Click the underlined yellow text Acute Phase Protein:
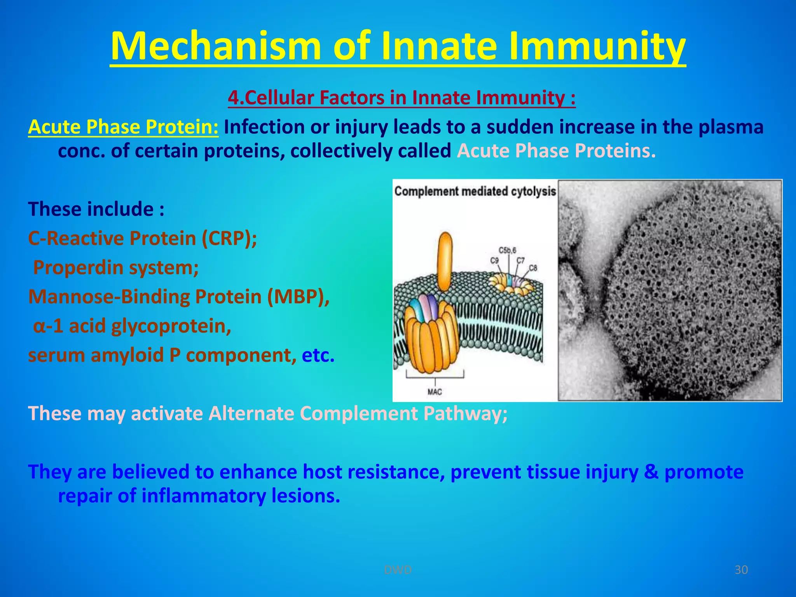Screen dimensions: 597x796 coord(123,127)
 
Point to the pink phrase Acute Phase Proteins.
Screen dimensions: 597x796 coord(556,151)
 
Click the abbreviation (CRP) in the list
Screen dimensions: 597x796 coord(229,238)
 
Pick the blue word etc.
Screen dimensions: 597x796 coord(318,355)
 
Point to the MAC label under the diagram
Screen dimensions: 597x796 coord(435,392)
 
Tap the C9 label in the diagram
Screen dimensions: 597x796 coord(494,260)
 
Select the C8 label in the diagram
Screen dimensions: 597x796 coord(533,268)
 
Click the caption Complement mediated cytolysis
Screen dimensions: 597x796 coord(475,191)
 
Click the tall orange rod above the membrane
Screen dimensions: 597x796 coord(445,261)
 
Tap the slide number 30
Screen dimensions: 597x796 coord(741,570)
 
